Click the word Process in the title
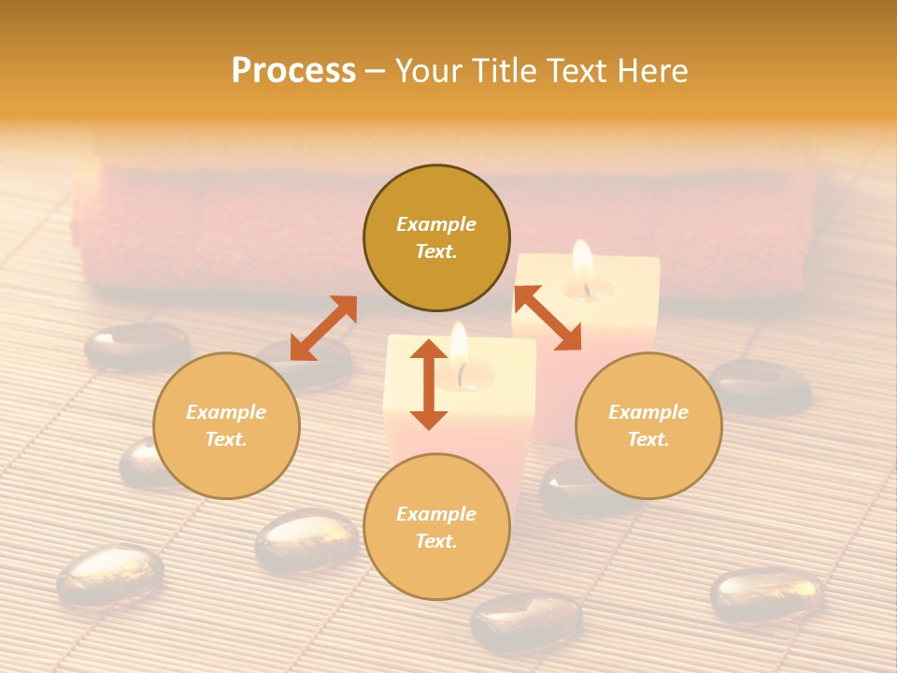293,71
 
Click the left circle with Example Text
226,425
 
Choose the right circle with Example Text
648,425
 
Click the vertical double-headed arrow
429,384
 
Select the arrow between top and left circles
323,328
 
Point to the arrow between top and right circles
548,318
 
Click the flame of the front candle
459,345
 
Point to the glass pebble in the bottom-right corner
766,594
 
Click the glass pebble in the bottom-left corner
109,574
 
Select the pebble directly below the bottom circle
526,621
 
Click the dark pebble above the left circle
137,346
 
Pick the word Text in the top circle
436,251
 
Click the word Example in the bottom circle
436,514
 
